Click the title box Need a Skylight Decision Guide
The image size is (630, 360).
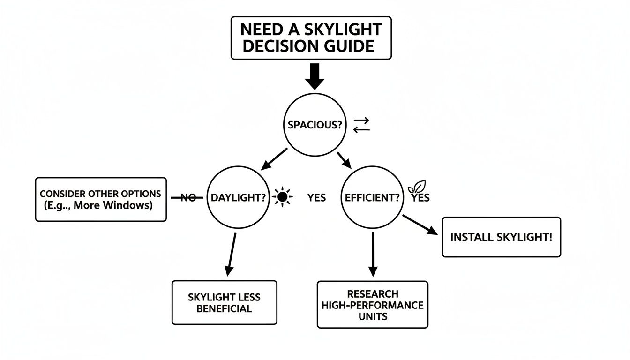tap(311, 38)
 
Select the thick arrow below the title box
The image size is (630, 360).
tap(315, 76)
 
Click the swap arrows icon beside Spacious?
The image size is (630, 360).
tap(361, 124)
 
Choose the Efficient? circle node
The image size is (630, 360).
tap(372, 198)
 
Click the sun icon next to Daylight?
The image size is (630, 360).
tap(282, 198)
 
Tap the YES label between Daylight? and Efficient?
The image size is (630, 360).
tap(316, 198)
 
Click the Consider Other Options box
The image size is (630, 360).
tap(101, 199)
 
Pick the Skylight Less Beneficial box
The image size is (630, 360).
tap(224, 302)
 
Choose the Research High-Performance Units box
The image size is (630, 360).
tap(373, 305)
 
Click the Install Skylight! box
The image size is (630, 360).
tap(501, 237)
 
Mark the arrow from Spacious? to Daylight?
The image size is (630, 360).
tap(274, 159)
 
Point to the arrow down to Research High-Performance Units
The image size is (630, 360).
tap(373, 254)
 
